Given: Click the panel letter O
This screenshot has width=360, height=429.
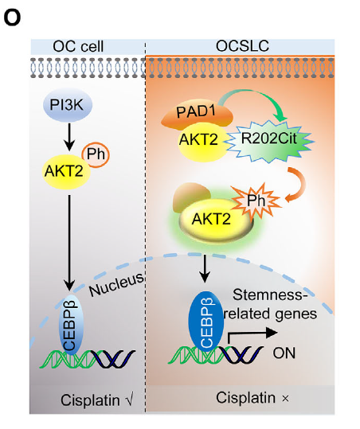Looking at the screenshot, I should click(11, 14).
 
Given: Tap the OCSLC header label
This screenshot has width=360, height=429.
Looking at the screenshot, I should click(242, 46).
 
